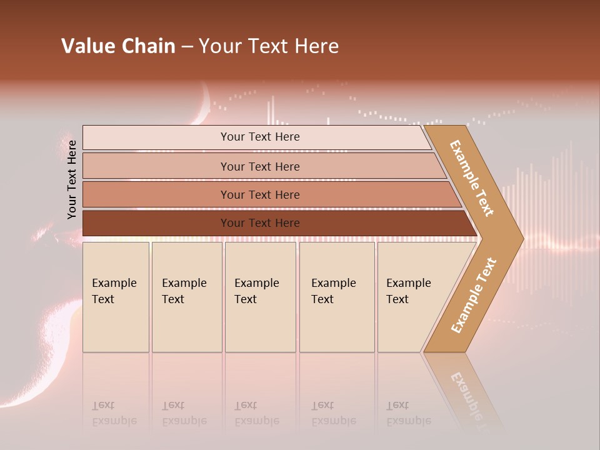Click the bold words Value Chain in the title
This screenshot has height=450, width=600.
118,46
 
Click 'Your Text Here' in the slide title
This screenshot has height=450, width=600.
269,46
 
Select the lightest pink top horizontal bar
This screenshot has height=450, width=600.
156,137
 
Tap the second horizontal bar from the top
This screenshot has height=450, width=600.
156,166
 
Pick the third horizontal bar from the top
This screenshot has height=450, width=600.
156,194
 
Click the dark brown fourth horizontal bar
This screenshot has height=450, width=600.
156,223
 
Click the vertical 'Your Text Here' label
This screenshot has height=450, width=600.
72,179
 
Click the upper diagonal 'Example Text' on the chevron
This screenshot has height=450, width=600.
472,178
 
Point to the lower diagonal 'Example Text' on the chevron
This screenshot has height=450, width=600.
474,295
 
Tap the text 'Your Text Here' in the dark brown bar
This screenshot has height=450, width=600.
260,223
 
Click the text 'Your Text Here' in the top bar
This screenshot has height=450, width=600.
260,137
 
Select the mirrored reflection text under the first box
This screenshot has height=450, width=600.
114,414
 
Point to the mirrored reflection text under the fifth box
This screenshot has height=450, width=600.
409,414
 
